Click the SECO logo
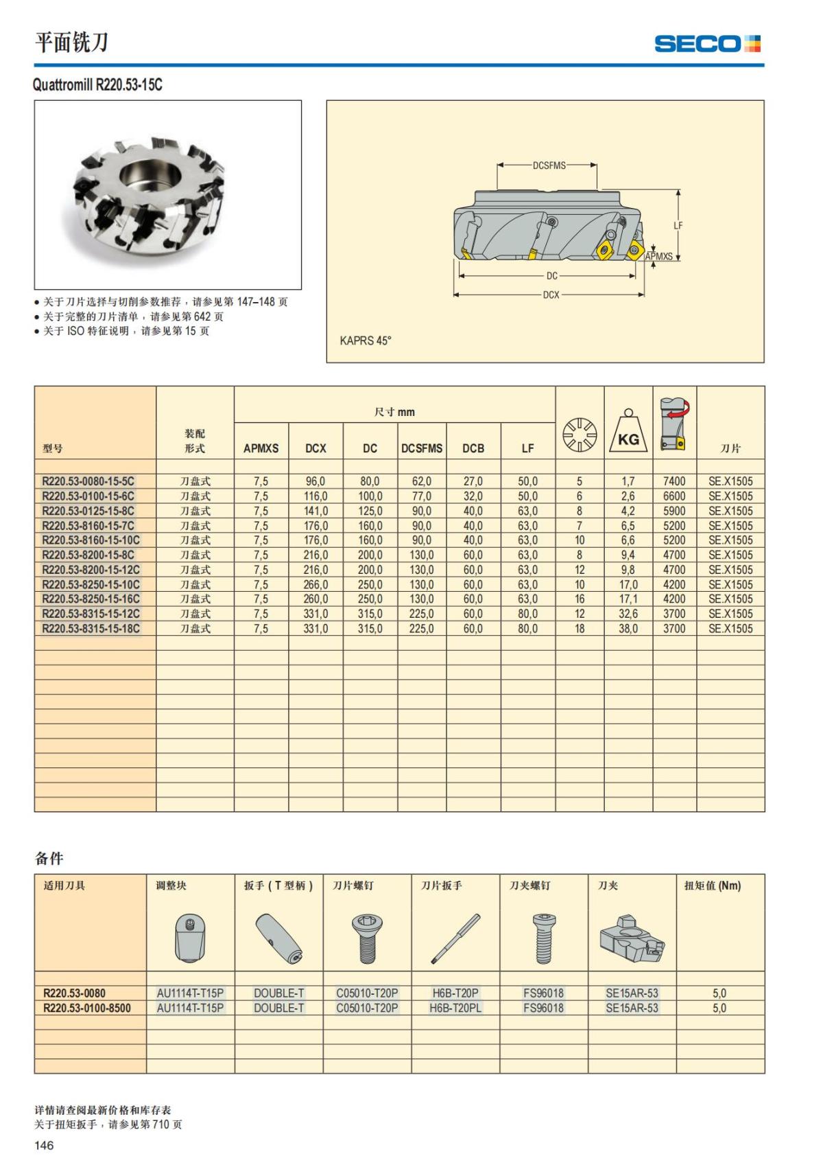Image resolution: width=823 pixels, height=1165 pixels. (707, 44)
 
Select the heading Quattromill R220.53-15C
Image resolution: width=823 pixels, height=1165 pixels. (97, 85)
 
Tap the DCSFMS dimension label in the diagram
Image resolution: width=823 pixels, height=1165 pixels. (549, 165)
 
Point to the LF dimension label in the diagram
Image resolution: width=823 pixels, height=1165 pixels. (678, 225)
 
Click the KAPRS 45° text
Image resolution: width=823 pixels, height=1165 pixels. (366, 341)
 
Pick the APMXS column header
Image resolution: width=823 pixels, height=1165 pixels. (261, 448)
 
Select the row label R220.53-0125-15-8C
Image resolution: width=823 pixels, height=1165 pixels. (88, 511)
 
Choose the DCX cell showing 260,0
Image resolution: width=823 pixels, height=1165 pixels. (315, 599)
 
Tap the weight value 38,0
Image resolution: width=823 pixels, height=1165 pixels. (628, 628)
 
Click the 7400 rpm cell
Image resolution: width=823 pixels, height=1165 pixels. (674, 481)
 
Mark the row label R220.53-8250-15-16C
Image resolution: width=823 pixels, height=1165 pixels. (91, 599)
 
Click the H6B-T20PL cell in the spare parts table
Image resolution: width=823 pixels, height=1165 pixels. (455, 1008)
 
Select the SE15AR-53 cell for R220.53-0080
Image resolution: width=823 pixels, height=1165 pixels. (632, 993)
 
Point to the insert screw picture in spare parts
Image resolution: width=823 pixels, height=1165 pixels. (367, 938)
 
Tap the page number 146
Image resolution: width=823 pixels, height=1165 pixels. (44, 1145)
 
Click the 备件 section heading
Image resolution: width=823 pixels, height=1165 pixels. (49, 858)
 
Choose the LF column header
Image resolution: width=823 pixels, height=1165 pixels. (527, 448)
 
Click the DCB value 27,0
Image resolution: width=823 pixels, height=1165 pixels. (473, 481)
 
